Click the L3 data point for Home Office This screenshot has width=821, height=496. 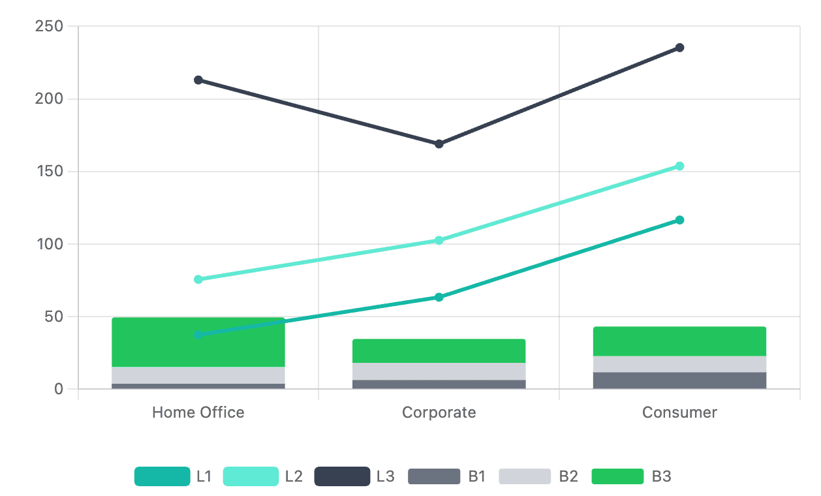198,80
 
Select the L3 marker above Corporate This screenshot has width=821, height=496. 439,144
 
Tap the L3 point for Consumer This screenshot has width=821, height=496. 679,48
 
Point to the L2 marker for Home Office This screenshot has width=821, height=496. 198,279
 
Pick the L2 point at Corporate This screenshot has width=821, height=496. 439,240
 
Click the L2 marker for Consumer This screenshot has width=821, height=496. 679,166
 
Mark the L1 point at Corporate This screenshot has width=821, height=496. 439,297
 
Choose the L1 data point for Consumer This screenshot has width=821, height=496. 679,220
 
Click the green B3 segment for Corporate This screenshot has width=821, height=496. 439,351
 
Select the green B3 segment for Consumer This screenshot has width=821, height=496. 679,341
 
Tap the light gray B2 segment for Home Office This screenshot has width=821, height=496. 198,375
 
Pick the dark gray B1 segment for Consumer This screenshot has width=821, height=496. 679,380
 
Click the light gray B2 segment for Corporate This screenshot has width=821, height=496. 439,371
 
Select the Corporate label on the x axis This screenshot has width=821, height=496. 439,412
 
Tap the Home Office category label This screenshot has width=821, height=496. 198,412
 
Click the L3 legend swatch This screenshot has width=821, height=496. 342,476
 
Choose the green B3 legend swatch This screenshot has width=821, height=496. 617,476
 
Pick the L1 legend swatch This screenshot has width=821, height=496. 162,476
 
